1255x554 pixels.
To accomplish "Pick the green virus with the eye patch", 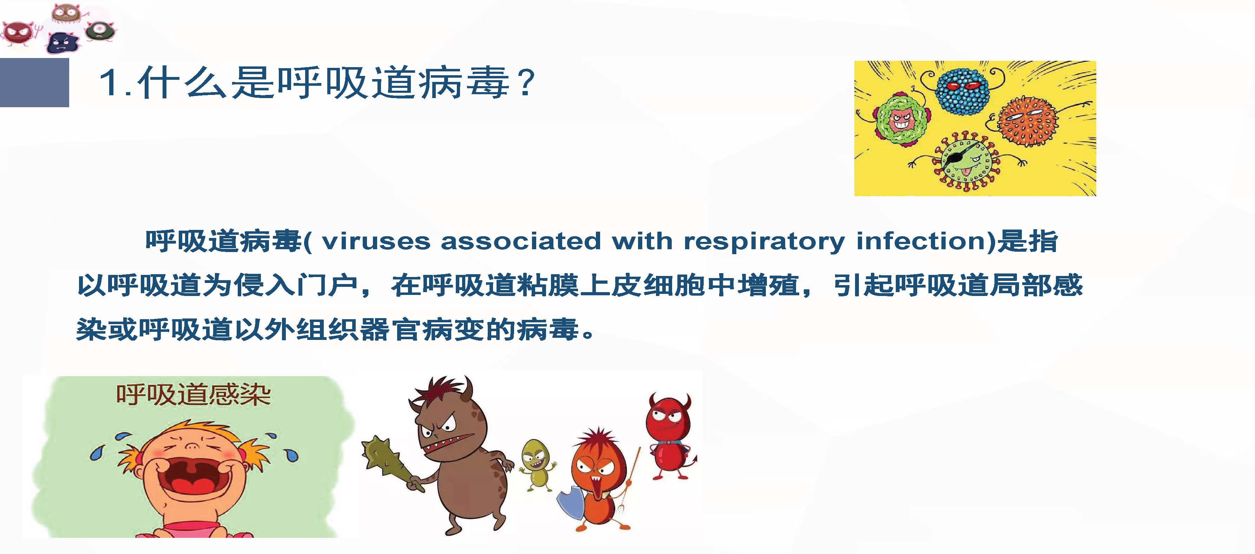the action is (965, 161).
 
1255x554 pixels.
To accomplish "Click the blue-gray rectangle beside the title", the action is (34, 82).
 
